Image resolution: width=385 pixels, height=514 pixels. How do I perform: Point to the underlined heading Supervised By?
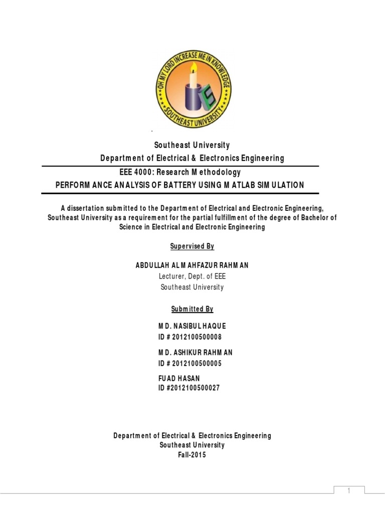192,246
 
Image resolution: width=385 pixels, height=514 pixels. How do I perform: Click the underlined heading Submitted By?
192,309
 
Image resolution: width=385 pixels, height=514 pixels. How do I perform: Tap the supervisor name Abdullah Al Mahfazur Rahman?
192,265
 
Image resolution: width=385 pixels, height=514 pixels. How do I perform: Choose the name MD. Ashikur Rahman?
196,352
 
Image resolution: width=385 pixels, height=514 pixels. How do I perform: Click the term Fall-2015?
192,455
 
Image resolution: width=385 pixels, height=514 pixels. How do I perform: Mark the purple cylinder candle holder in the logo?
192,98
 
